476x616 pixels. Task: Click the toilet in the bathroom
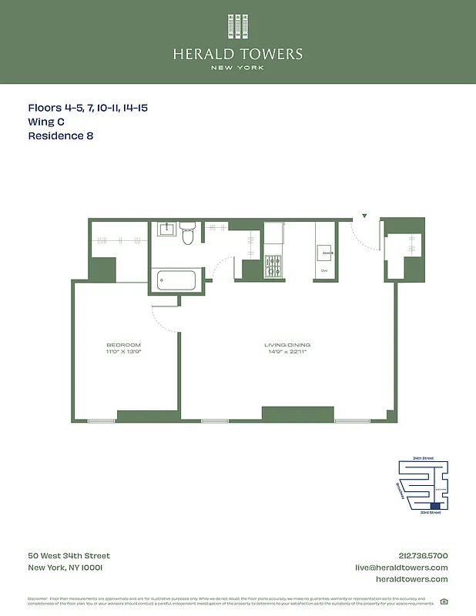187,235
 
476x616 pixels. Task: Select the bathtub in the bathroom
176,280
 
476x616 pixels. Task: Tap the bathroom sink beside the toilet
166,229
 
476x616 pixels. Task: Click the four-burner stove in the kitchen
273,266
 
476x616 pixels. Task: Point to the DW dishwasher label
324,271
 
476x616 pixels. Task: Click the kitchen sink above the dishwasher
324,253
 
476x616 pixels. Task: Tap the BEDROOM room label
124,344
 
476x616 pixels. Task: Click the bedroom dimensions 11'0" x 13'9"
124,351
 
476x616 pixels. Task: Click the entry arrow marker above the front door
365,216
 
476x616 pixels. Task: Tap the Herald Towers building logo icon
237,27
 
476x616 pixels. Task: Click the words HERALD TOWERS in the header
237,54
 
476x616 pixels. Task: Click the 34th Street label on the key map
424,458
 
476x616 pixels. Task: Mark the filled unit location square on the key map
436,506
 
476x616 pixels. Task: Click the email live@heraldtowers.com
401,567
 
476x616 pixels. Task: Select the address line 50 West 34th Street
69,556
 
